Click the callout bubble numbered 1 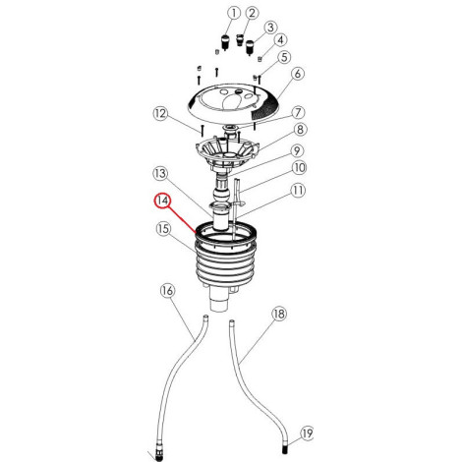click(x=234, y=14)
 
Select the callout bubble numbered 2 click(x=252, y=14)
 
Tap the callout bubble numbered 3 click(x=270, y=28)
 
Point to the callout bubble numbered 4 click(x=280, y=40)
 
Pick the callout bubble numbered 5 click(x=284, y=57)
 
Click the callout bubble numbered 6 click(x=297, y=74)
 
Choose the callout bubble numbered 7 click(x=298, y=112)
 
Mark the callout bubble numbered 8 click(x=300, y=130)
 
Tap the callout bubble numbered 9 click(x=297, y=151)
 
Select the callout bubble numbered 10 click(x=299, y=168)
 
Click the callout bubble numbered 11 click(x=298, y=191)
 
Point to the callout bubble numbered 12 click(x=160, y=114)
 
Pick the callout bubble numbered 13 click(x=160, y=174)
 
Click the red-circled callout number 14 click(x=163, y=201)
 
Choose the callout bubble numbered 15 click(x=163, y=229)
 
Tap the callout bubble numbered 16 click(x=167, y=291)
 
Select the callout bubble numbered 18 click(x=279, y=314)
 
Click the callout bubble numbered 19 click(x=307, y=433)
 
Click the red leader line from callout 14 click(x=182, y=219)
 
